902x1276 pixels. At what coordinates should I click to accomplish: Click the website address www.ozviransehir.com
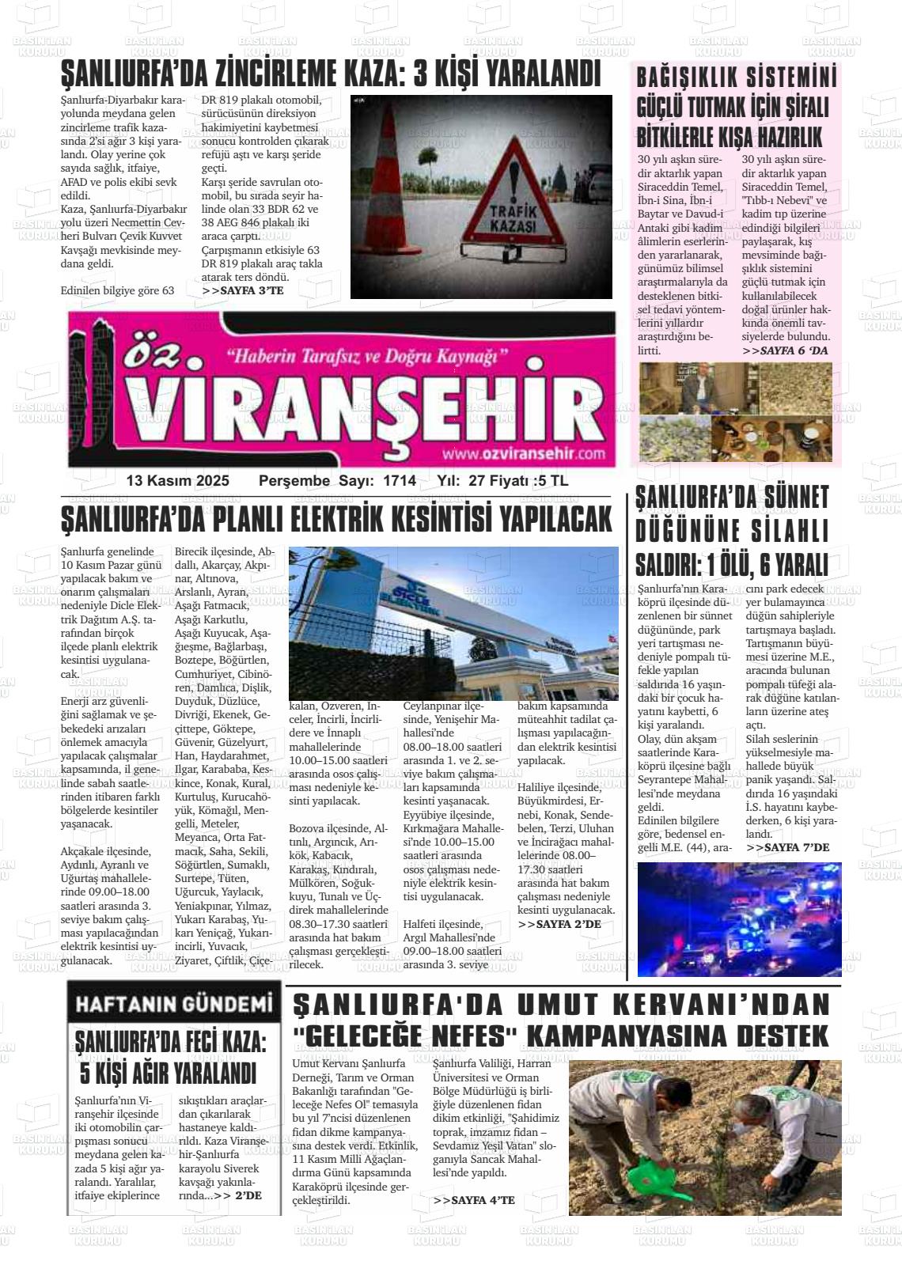coord(523,453)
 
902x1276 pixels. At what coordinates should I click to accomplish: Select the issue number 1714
coord(399,481)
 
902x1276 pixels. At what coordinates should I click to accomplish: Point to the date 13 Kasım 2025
coord(177,481)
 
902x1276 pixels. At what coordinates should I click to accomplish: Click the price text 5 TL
coord(551,481)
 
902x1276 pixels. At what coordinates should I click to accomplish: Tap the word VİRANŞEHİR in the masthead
coord(364,411)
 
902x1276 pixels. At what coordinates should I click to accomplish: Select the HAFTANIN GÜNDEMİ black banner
coord(174,1004)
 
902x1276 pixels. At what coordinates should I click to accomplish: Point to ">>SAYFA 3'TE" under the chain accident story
coord(242,290)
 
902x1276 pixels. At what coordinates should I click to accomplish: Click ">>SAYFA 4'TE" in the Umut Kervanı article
coord(474,1200)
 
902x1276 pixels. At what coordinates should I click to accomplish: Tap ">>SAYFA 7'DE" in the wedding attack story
coord(787,847)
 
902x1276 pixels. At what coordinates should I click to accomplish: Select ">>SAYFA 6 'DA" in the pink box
coord(784,350)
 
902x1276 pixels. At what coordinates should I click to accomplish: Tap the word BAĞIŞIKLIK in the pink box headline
coord(687,78)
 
